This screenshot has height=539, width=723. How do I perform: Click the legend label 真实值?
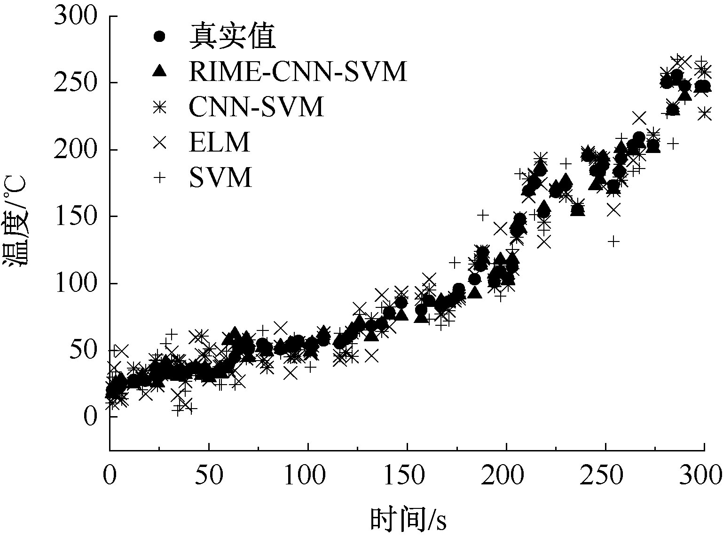(x=232, y=37)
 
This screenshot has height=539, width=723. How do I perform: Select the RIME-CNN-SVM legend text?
(x=298, y=72)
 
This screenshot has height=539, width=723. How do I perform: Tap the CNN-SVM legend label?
(x=257, y=106)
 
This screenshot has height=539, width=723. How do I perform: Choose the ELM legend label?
(x=220, y=142)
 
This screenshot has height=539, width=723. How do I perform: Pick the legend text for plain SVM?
(x=221, y=177)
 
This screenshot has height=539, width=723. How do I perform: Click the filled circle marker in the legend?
(x=160, y=36)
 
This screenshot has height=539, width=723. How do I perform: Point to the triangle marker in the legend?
(x=160, y=71)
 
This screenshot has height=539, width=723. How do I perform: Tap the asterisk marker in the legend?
(x=160, y=106)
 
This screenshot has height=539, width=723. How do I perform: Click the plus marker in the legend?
(x=160, y=177)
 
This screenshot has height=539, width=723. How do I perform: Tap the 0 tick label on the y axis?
(x=90, y=417)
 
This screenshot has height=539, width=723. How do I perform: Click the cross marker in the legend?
(x=160, y=142)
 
